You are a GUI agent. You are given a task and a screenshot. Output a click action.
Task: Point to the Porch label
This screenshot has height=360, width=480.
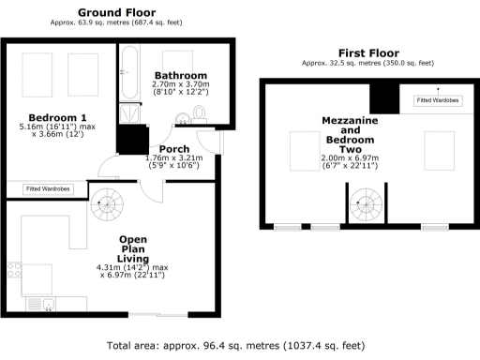tap(174, 149)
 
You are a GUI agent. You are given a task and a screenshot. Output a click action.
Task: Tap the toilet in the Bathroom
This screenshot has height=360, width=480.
tap(197, 114)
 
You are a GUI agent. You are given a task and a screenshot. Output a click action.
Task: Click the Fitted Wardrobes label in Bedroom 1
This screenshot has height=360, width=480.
tap(47, 189)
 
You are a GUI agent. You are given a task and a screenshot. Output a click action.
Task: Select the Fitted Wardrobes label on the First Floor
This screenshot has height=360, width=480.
tap(436, 99)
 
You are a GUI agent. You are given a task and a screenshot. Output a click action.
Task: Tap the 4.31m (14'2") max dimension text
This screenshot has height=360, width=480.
tap(132, 269)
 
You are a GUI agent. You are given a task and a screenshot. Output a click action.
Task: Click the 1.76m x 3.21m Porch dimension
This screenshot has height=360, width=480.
tap(175, 158)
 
